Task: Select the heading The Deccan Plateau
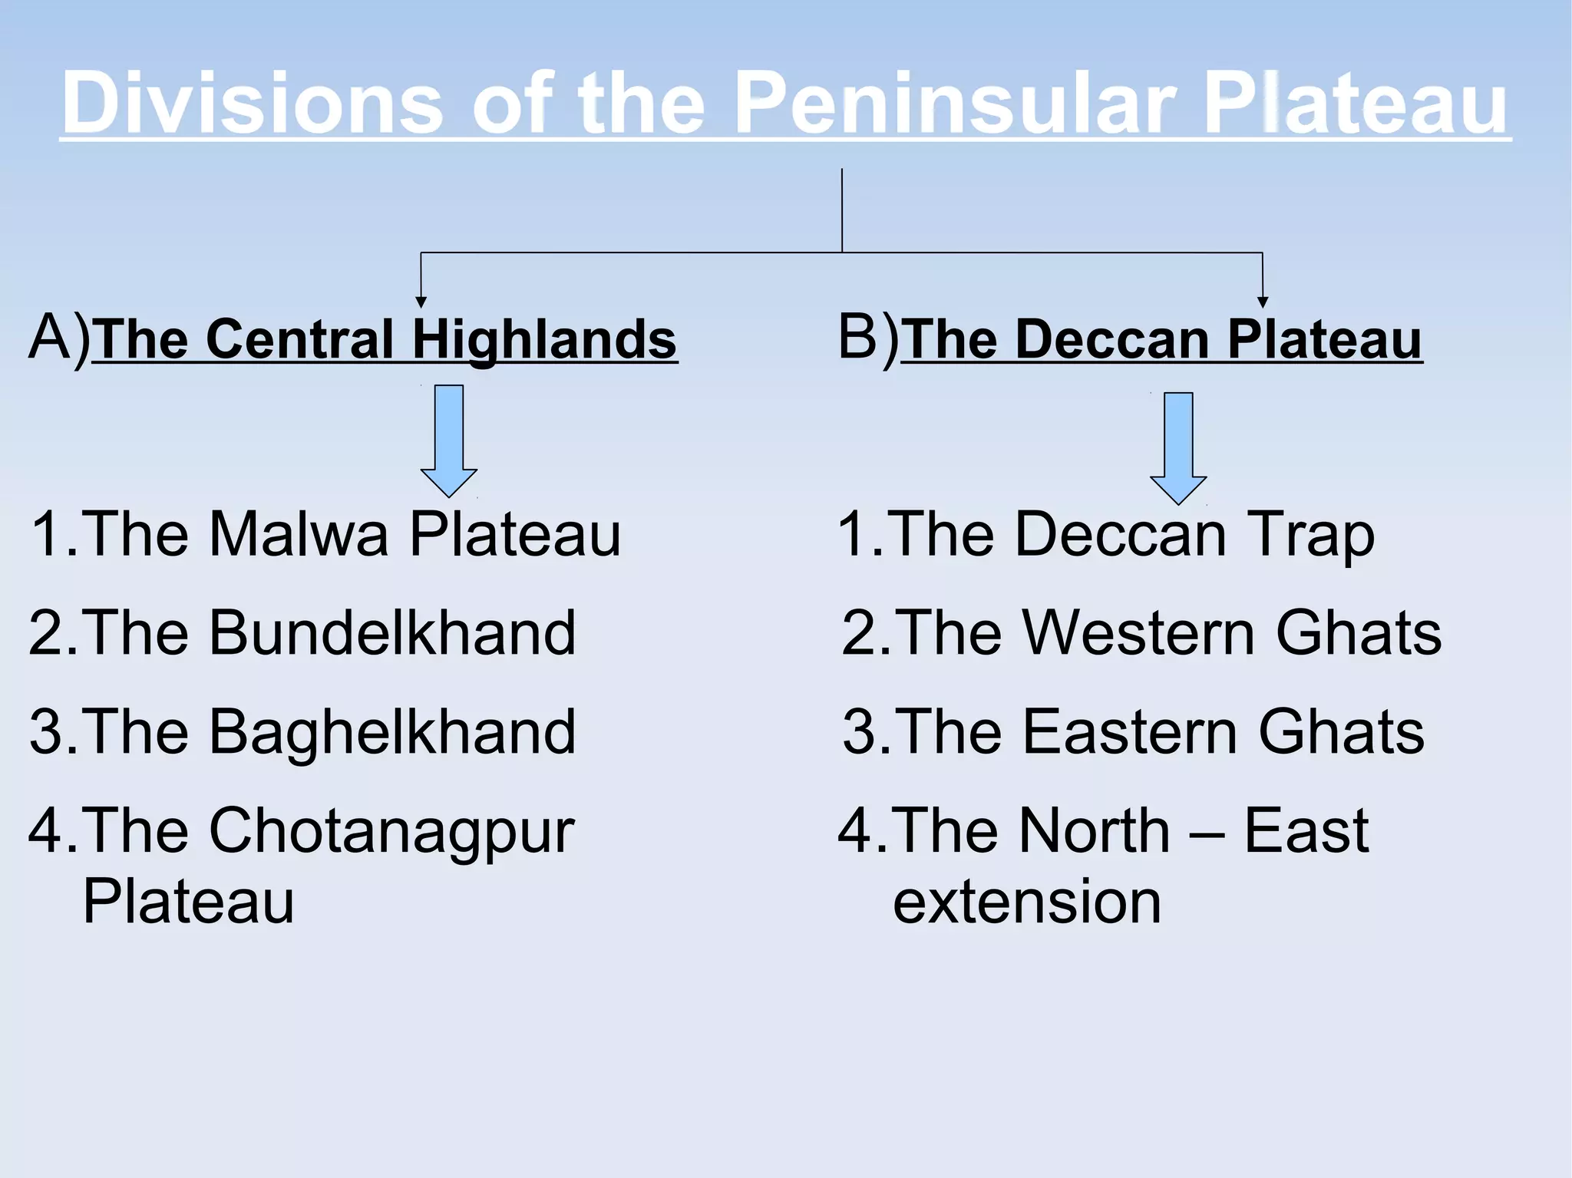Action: (x=1162, y=339)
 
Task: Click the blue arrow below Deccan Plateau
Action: (x=1178, y=447)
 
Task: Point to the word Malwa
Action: (x=299, y=534)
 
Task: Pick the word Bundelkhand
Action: (x=392, y=633)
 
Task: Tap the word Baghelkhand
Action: (x=392, y=732)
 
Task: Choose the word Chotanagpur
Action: (x=391, y=832)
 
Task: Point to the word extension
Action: (x=1027, y=902)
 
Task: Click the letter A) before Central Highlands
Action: (x=59, y=338)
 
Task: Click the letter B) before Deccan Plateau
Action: (x=867, y=338)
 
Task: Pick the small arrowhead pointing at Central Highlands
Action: (x=421, y=302)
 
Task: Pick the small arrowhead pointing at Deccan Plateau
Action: (x=1263, y=302)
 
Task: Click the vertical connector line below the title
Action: (x=842, y=211)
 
